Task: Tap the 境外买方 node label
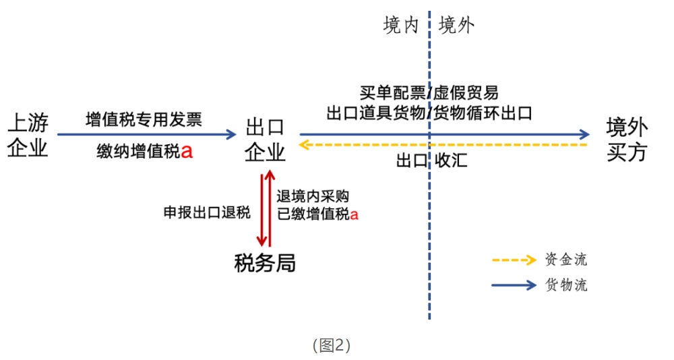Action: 627,139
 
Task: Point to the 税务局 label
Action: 265,262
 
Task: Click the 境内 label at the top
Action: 401,26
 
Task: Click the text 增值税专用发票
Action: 144,120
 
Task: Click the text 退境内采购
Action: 312,196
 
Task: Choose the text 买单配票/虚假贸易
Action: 429,93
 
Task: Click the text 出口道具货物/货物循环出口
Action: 429,113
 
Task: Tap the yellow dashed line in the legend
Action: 514,260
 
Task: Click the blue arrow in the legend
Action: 514,285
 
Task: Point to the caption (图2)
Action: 332,345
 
